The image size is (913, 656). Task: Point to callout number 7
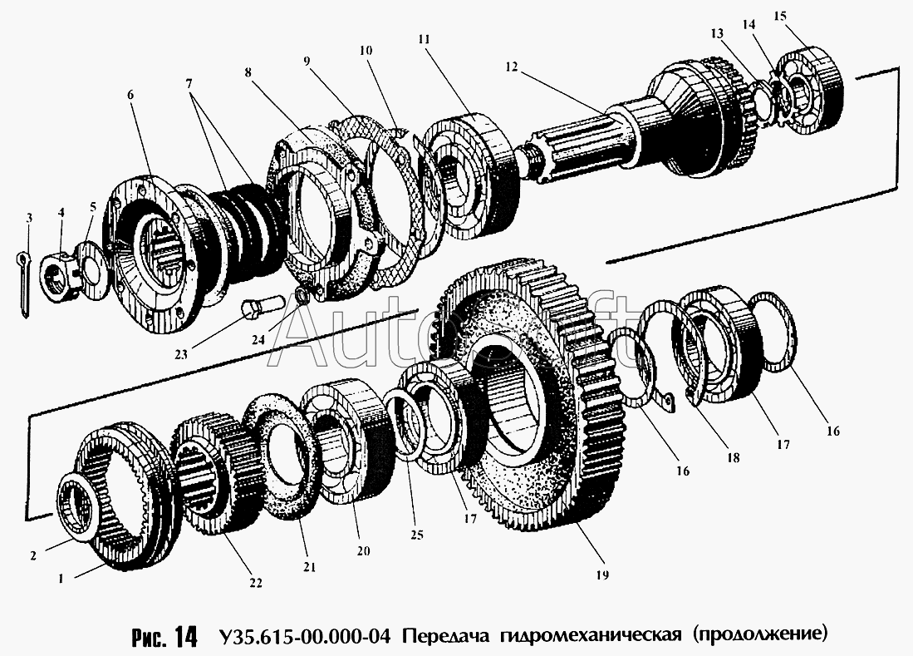pyautogui.click(x=189, y=83)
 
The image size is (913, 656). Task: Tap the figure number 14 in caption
pyautogui.click(x=185, y=637)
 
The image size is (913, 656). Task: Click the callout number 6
pyautogui.click(x=130, y=95)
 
